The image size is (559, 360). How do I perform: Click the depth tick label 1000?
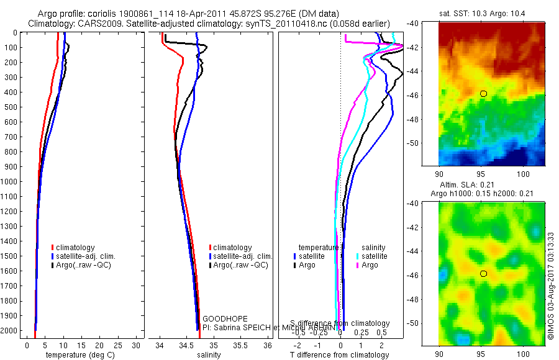(10, 182)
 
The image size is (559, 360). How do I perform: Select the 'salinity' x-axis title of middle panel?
(209, 355)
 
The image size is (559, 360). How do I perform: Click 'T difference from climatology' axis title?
(340, 355)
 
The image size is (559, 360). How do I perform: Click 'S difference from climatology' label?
(340, 323)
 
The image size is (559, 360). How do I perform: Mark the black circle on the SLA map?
(484, 274)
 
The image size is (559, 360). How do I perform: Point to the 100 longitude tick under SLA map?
(523, 351)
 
